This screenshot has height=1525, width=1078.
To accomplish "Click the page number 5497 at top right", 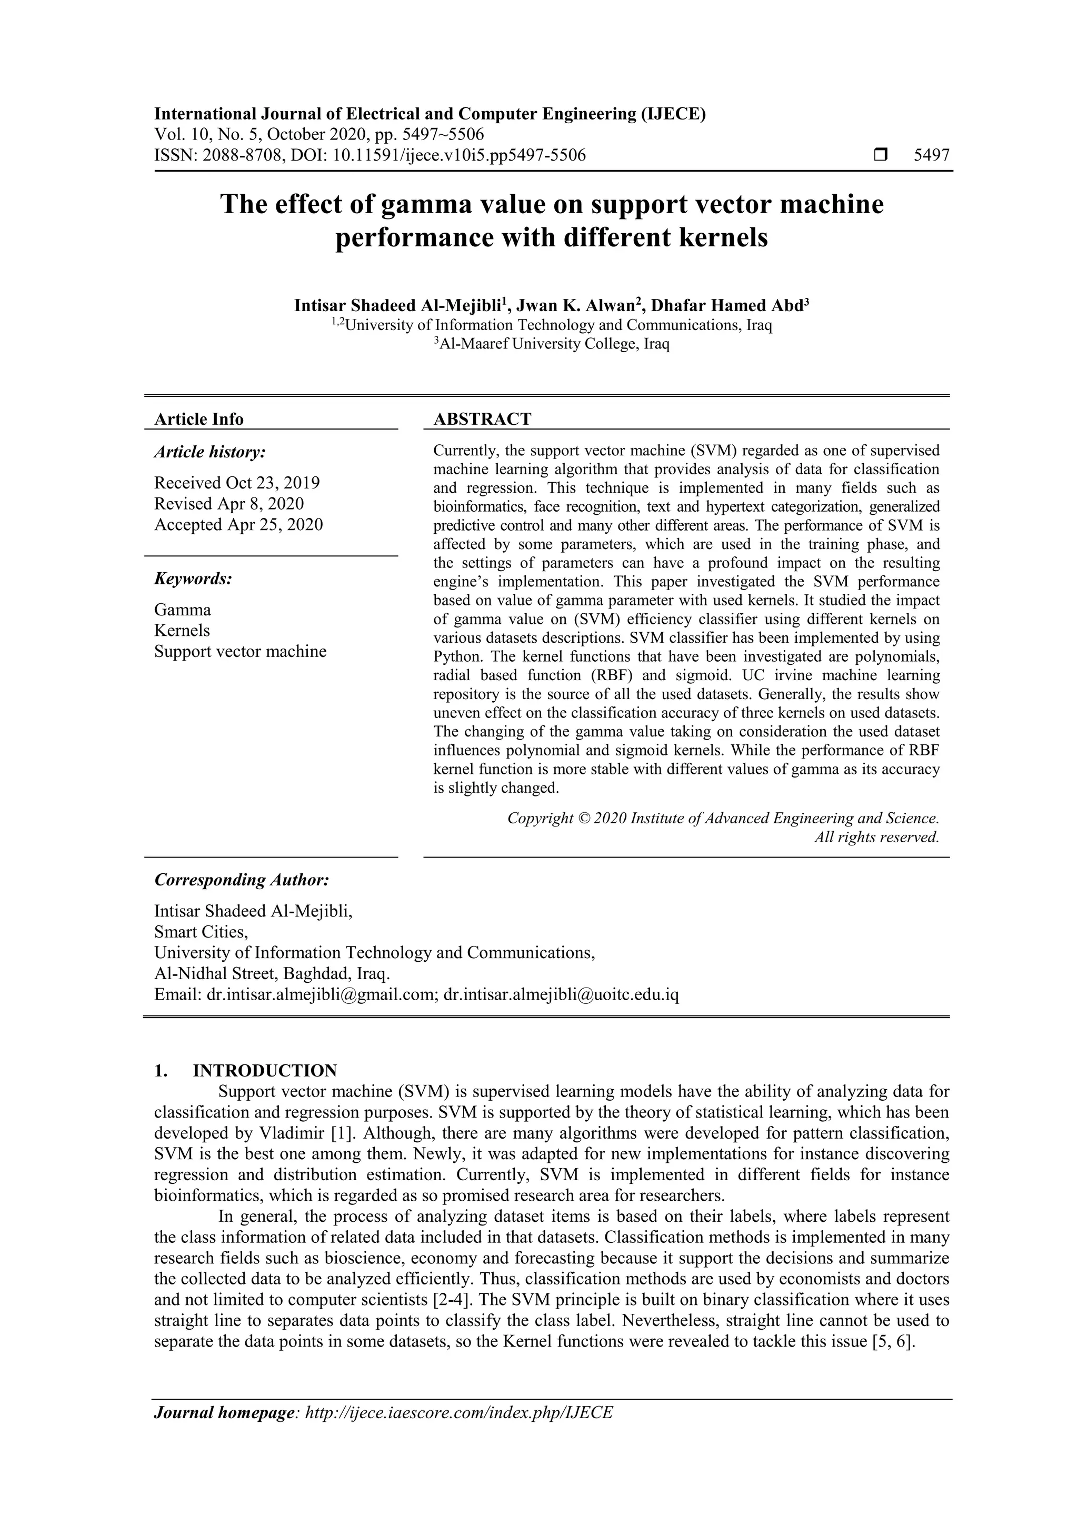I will coord(931,155).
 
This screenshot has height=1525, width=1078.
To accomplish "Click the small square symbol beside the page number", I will coord(881,155).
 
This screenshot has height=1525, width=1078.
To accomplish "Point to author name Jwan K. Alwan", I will coord(578,305).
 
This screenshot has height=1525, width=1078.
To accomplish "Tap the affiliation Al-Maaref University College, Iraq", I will coord(552,344).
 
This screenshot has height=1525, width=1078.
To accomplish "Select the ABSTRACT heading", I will coord(482,419).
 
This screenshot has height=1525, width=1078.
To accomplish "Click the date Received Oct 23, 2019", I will coord(236,482).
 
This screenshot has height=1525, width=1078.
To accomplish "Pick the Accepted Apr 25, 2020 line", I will coord(238,525).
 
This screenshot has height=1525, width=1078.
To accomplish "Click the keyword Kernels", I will coord(182,630).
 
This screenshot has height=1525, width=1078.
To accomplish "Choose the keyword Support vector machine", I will coord(241,652).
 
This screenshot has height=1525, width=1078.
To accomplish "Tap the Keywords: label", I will coord(193,579).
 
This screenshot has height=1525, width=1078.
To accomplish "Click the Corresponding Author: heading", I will coord(242,880).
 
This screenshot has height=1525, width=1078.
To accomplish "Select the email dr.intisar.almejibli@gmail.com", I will coord(320,995).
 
